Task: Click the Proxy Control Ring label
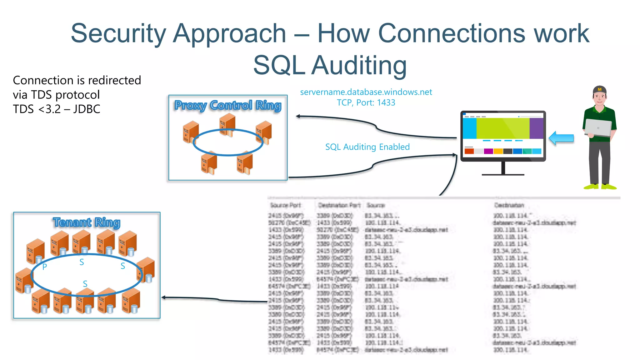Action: click(x=228, y=106)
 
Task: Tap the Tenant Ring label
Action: click(x=87, y=222)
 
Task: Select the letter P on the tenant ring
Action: click(x=45, y=267)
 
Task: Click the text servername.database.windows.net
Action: click(x=366, y=92)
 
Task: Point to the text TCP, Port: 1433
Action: click(x=366, y=103)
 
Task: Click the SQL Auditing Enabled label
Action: click(x=367, y=147)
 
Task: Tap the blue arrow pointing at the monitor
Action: click(x=561, y=138)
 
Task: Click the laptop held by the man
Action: click(x=598, y=127)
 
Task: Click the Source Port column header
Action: click(x=285, y=205)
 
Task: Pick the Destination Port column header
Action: click(x=339, y=205)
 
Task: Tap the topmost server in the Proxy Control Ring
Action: click(x=227, y=124)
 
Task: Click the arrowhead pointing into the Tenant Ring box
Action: click(x=163, y=297)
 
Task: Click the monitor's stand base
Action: click(x=503, y=174)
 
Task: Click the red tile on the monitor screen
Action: click(x=469, y=151)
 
